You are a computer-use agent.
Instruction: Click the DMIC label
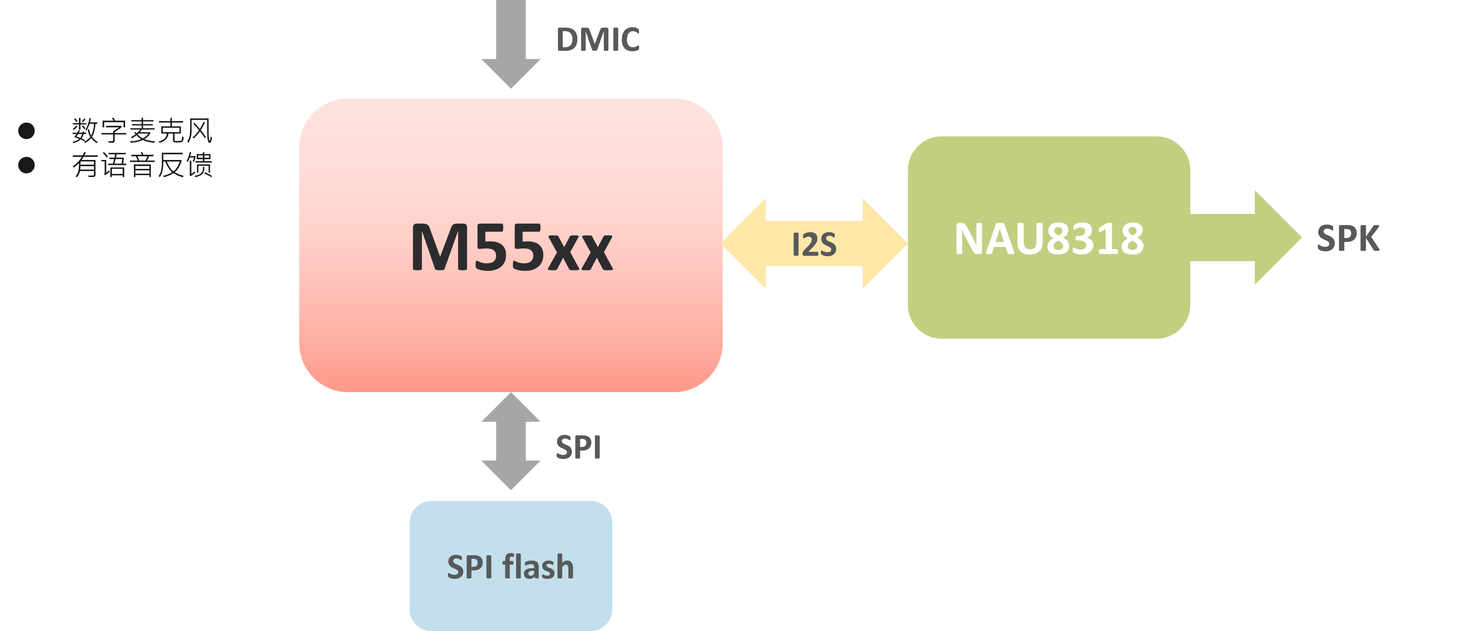pos(598,40)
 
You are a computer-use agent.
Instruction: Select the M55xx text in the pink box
pos(511,247)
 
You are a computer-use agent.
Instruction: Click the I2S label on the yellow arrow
pos(814,245)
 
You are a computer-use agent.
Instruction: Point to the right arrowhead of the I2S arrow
pos(884,243)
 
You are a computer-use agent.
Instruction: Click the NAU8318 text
pos(1049,239)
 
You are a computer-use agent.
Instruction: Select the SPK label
pos(1347,238)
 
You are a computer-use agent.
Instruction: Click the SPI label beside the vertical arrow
pos(578,447)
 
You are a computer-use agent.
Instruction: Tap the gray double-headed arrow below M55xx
pos(511,441)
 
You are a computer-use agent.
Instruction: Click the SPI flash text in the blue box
pos(510,567)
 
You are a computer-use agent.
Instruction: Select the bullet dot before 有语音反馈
pos(26,165)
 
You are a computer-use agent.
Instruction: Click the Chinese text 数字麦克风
pos(142,131)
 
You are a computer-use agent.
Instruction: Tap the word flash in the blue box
pos(538,567)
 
